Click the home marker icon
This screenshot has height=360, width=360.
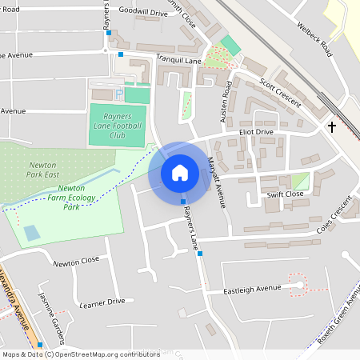[180, 173]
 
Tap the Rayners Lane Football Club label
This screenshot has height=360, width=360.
[117, 125]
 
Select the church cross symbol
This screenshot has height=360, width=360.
[332, 127]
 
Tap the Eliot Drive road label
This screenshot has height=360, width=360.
[256, 132]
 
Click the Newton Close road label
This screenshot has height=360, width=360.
[76, 261]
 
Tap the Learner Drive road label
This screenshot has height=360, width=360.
[103, 302]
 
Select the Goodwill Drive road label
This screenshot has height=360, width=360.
[142, 14]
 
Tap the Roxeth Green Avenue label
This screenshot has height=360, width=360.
[336, 318]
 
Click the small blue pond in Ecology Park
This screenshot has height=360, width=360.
[31, 233]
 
